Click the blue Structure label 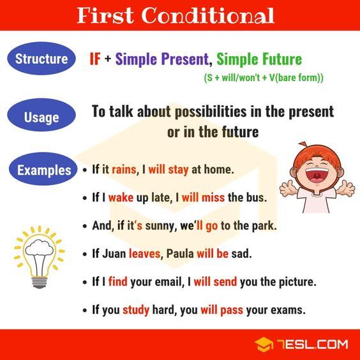coord(41,59)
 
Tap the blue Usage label coord(41,117)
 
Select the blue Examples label coord(44,170)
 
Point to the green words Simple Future coord(259,59)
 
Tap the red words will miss coord(203,198)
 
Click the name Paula coord(179,253)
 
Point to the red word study coord(136,311)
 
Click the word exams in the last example coord(288,311)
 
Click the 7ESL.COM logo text coord(313,345)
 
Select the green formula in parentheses coord(264,78)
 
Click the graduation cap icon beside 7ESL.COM coord(264,345)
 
